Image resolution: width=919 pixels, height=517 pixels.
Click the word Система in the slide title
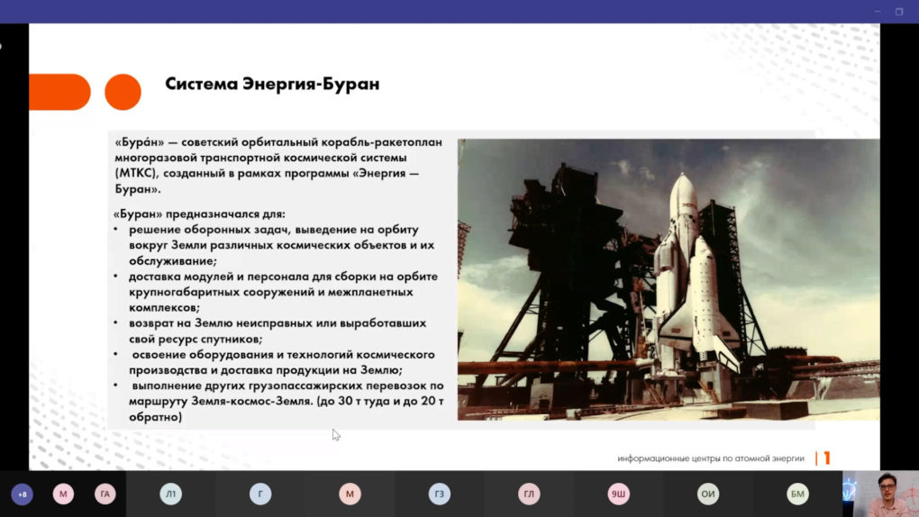[x=202, y=84]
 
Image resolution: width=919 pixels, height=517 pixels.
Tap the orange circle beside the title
[x=123, y=92]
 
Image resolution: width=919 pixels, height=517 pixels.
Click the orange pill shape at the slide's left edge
[x=59, y=92]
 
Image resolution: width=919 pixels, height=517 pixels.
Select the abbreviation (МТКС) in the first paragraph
[x=137, y=174]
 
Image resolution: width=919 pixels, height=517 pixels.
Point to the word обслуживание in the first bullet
[x=173, y=261]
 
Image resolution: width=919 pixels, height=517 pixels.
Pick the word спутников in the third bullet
[x=232, y=339]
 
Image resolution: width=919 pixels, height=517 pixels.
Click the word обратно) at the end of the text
[x=155, y=417]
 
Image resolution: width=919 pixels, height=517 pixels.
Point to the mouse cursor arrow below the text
[x=335, y=434]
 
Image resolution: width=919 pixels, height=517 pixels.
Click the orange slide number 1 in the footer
[x=827, y=458]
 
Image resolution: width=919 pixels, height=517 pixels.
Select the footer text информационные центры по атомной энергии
[x=710, y=458]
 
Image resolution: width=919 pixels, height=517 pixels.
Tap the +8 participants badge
[x=23, y=494]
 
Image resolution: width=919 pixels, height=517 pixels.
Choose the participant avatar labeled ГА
[x=105, y=494]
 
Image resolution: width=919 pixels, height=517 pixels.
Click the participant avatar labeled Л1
[x=170, y=494]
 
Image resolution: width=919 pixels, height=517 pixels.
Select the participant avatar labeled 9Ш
[x=618, y=494]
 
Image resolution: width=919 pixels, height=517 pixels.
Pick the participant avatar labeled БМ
[x=797, y=494]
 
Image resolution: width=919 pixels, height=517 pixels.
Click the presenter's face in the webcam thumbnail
[x=888, y=486]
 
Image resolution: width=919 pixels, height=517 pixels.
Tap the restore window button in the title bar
[x=899, y=11]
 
